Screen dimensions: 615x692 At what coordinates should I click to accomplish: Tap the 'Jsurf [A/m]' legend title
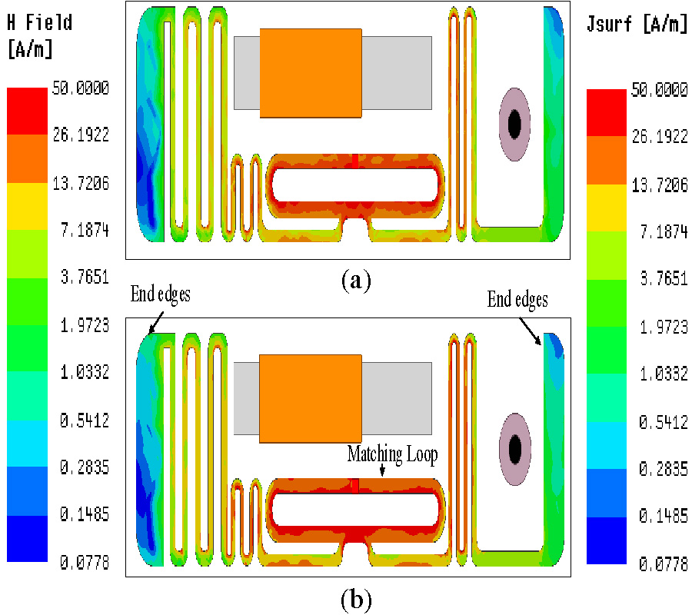tap(637, 24)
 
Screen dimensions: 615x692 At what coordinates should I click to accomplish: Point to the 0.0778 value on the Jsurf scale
tap(663, 564)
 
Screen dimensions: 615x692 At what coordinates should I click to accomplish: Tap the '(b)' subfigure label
tap(356, 597)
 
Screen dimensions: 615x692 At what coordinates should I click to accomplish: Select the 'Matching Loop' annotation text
tap(392, 454)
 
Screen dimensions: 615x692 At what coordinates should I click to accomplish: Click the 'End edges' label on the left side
tap(160, 294)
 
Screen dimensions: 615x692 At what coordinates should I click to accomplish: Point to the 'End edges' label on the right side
tap(517, 299)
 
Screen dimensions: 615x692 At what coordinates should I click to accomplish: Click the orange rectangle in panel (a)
tap(311, 73)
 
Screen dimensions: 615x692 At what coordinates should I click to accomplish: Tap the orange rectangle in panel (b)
tap(311, 399)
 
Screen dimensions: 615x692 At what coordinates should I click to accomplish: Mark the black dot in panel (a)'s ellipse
tap(514, 122)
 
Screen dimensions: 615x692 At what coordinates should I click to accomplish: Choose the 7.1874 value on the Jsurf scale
tap(663, 231)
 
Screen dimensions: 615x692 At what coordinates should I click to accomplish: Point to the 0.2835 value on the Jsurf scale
tap(663, 469)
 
